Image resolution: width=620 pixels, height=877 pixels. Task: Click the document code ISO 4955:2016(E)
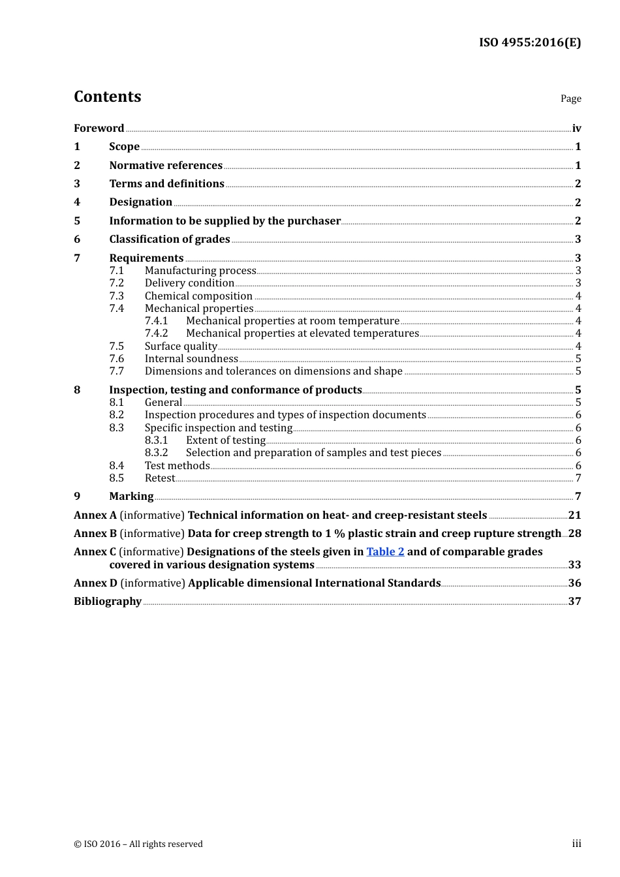point(529,42)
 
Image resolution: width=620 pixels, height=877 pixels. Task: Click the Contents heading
point(108,97)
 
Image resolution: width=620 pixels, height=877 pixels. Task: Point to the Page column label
point(570,99)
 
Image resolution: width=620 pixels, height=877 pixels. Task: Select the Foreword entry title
point(99,129)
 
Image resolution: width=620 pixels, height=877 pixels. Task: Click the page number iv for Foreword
point(576,129)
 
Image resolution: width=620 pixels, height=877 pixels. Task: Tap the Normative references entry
point(166,166)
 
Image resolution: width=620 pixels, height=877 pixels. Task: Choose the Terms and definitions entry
point(166,184)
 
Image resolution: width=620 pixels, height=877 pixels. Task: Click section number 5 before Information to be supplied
point(77,221)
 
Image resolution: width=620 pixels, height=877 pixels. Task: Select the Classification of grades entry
point(170,239)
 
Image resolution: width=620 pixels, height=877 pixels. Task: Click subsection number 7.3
point(117,296)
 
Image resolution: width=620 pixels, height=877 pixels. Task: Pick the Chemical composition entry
point(198,296)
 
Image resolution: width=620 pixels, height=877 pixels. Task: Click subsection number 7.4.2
point(156,333)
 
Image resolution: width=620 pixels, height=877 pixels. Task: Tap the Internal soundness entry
point(191,359)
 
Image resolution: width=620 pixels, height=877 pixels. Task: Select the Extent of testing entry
point(226,440)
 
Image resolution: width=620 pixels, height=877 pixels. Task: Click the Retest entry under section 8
point(160,478)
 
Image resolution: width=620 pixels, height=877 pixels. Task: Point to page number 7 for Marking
point(578,497)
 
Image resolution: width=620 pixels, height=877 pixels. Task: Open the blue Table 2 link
point(385,552)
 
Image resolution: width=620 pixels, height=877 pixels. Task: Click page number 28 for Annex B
point(574,534)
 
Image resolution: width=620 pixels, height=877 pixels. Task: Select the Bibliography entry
point(108,602)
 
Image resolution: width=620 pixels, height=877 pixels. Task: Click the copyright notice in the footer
point(138,844)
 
